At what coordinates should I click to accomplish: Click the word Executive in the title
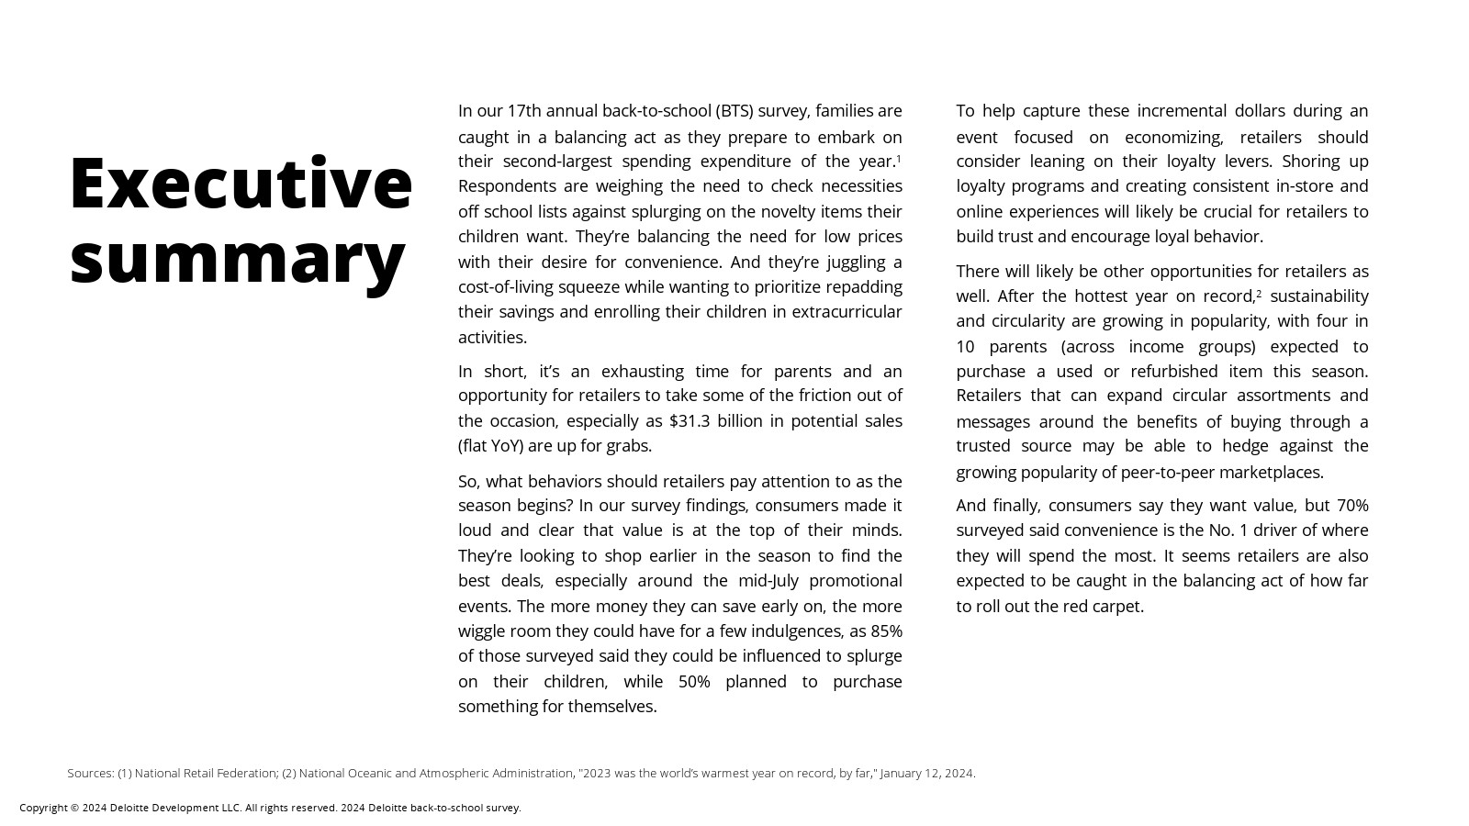pyautogui.click(x=241, y=184)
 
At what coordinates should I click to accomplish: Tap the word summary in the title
pyautogui.click(x=237, y=259)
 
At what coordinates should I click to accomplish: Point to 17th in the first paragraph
pyautogui.click(x=524, y=111)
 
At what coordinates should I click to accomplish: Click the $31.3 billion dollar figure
pyautogui.click(x=716, y=421)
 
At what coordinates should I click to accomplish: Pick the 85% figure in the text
pyautogui.click(x=886, y=631)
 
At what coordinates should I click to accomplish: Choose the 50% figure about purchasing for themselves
pyautogui.click(x=694, y=682)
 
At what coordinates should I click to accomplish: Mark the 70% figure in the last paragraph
pyautogui.click(x=1352, y=506)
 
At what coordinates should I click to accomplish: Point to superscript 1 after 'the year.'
pyautogui.click(x=899, y=159)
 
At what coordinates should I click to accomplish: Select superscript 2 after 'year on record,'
pyautogui.click(x=1259, y=294)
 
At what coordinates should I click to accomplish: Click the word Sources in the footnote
pyautogui.click(x=90, y=774)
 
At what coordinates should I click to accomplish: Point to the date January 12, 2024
pyautogui.click(x=926, y=774)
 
